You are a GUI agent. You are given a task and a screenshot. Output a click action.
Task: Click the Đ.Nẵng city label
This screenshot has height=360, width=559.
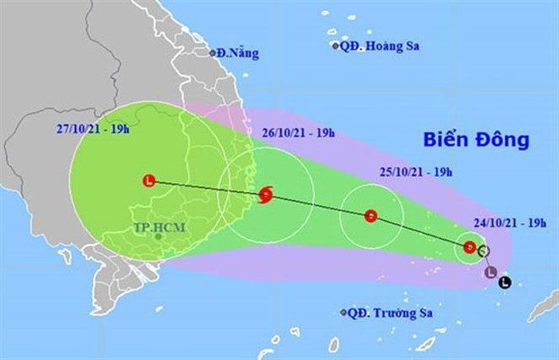pyautogui.click(x=238, y=53)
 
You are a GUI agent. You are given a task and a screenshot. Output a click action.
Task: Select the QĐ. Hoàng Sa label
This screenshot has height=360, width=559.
pyautogui.click(x=379, y=46)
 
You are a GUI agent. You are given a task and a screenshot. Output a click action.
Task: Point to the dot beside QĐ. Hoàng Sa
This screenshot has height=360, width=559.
pyautogui.click(x=335, y=46)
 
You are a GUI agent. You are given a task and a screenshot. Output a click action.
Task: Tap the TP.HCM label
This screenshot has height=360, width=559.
pyautogui.click(x=158, y=228)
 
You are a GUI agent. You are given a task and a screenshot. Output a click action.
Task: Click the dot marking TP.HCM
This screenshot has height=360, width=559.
pyautogui.click(x=158, y=237)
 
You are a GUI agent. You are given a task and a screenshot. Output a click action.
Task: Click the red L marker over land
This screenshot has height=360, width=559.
pyautogui.click(x=150, y=180)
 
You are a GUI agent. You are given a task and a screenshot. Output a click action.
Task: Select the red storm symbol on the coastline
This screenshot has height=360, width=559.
pyautogui.click(x=266, y=197)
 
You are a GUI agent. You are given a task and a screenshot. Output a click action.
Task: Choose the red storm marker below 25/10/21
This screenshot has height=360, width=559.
pyautogui.click(x=370, y=215)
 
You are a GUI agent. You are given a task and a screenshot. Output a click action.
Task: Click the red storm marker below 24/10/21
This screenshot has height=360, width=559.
pyautogui.click(x=469, y=247)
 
